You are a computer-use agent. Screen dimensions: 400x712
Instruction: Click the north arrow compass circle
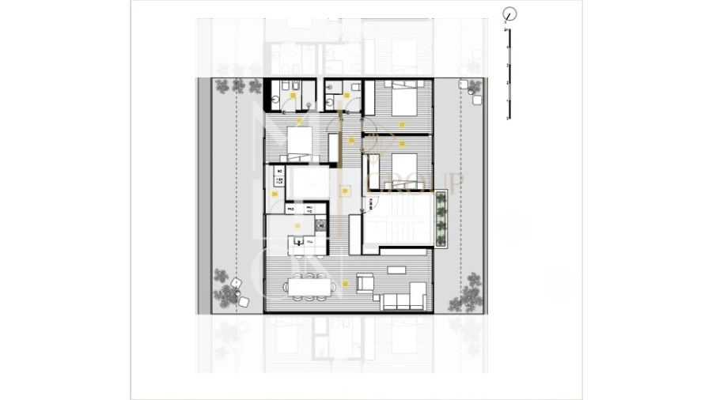(x=510, y=13)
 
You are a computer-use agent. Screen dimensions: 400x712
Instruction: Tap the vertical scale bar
(x=509, y=74)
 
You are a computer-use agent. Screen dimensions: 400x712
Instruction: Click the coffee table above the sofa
(x=398, y=274)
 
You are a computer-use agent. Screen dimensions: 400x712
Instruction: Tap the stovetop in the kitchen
(x=321, y=225)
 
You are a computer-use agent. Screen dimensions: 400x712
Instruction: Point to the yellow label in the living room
(x=345, y=282)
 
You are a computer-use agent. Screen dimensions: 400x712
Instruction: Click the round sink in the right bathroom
(x=328, y=100)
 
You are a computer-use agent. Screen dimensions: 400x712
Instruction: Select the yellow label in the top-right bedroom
(x=402, y=124)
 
